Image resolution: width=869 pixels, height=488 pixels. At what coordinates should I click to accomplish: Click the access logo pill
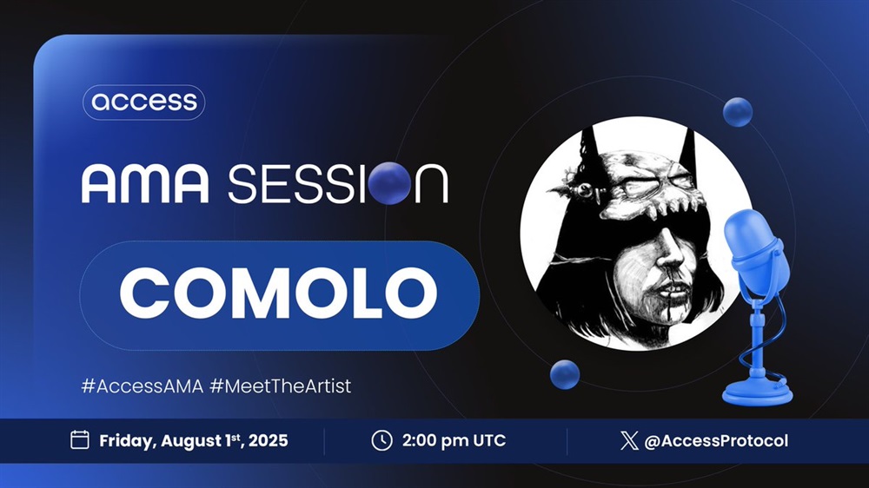[144, 102]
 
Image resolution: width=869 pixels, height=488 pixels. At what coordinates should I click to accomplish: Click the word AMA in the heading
[145, 184]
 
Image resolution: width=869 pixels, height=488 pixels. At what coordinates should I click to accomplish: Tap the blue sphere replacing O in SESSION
[389, 183]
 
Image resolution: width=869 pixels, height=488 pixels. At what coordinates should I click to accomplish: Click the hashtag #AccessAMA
[143, 386]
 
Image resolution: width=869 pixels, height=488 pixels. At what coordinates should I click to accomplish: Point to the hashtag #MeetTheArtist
[281, 386]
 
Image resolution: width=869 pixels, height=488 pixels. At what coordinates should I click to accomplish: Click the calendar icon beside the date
[80, 440]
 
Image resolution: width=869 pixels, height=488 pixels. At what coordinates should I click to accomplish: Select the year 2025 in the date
[269, 441]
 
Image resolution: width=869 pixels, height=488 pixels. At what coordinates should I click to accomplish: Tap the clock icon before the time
[381, 440]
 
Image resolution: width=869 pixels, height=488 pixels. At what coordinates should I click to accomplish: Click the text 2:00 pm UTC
[454, 441]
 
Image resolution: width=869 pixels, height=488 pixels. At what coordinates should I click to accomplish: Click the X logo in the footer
[629, 441]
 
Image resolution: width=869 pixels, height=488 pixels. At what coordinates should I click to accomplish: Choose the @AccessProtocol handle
[716, 441]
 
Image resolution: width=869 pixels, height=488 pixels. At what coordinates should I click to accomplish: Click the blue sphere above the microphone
[738, 112]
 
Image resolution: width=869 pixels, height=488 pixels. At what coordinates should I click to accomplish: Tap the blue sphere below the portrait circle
[565, 374]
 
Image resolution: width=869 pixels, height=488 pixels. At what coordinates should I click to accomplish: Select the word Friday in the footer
[128, 441]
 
